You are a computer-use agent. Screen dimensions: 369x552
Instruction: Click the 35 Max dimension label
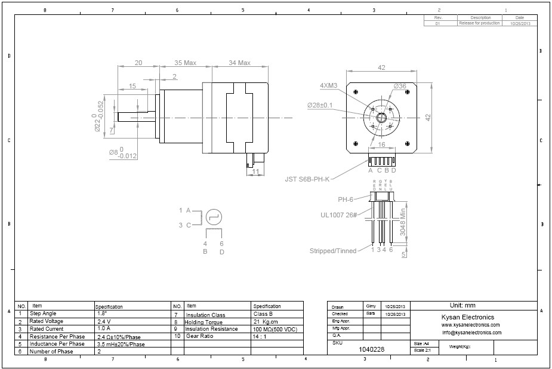coord(186,63)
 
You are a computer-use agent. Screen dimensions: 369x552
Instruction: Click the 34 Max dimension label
coord(239,63)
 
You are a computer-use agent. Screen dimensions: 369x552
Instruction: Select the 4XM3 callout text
coord(329,85)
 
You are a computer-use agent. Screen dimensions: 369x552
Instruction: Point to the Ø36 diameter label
coord(399,86)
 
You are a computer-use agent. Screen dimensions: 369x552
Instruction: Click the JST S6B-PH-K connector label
coord(306,178)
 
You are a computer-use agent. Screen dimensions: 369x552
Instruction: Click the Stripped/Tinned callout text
coord(333,251)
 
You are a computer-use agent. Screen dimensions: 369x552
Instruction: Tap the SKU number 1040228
coord(372,350)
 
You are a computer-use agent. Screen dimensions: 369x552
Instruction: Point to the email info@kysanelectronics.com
coord(471,333)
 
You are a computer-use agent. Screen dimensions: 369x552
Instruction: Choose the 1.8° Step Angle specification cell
coord(102,313)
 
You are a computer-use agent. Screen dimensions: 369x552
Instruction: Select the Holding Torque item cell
coord(204,321)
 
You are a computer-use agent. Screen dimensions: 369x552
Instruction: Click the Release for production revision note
coord(480,23)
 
